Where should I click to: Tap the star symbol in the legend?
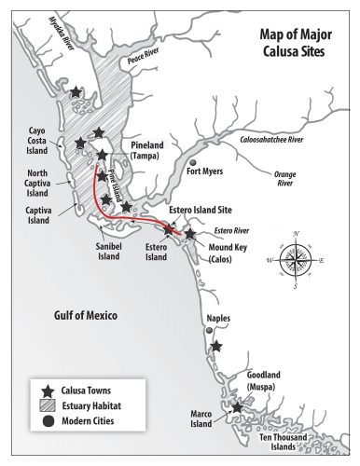(46, 389)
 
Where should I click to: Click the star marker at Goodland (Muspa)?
(237, 406)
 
